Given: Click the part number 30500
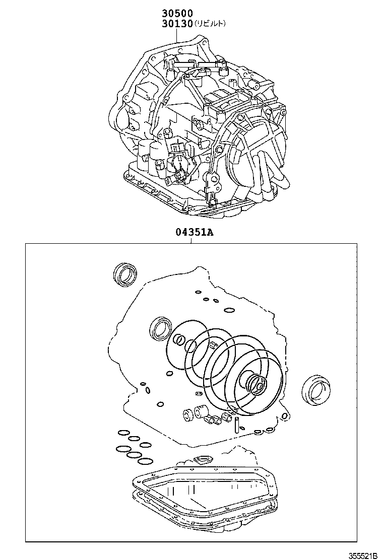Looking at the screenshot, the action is (177, 14).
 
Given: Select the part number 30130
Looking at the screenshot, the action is (177, 24).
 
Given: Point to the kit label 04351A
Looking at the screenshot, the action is (195, 233).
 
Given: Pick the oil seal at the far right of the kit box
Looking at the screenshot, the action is (316, 390).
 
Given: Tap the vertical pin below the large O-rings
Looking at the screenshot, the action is (236, 425).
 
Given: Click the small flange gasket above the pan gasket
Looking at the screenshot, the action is (202, 459).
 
